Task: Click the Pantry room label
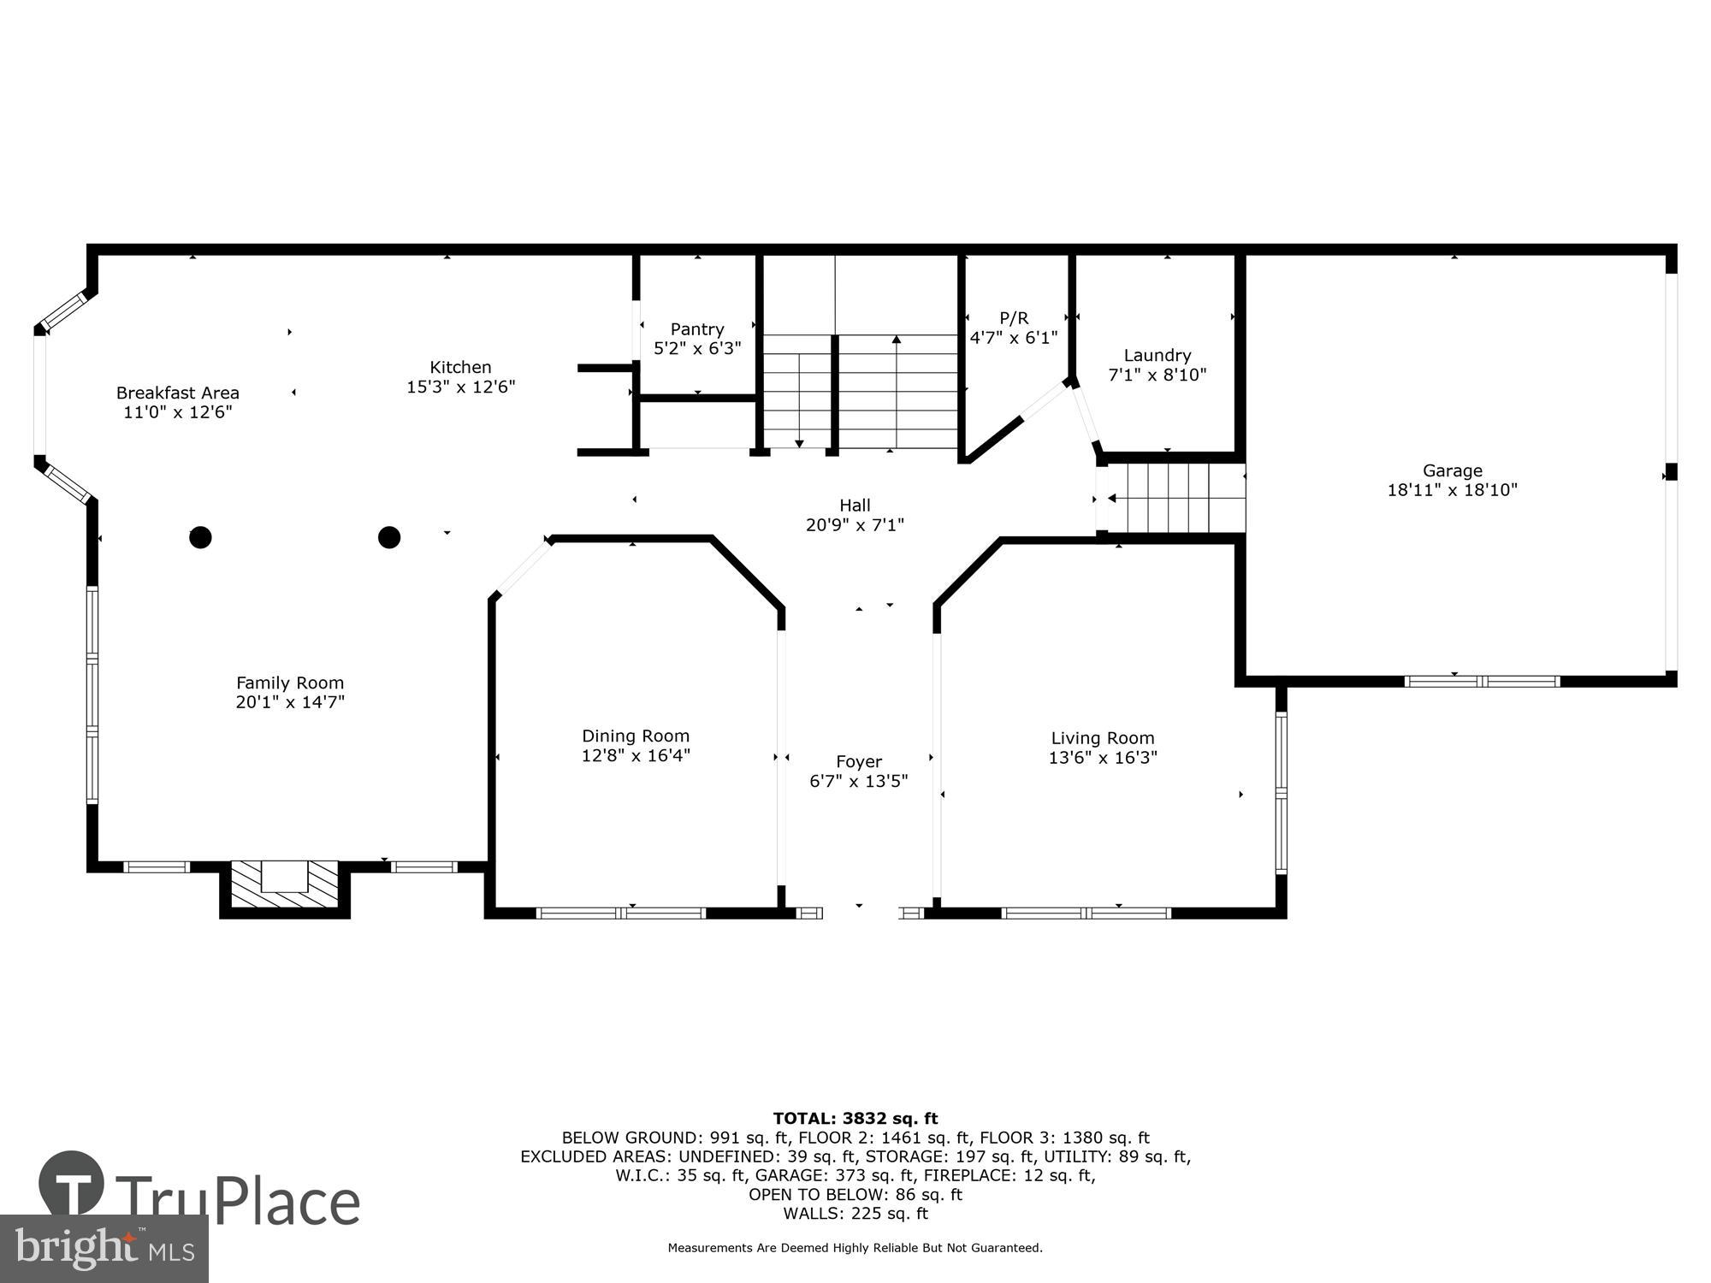(x=696, y=329)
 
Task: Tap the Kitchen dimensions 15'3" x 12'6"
(x=460, y=387)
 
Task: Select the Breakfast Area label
(x=178, y=393)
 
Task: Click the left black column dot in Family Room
(x=200, y=537)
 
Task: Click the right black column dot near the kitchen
(x=389, y=537)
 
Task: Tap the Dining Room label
(x=635, y=736)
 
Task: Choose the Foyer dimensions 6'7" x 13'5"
(x=858, y=781)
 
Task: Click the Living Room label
(x=1102, y=738)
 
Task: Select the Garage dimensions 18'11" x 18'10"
(x=1452, y=490)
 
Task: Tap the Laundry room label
(x=1157, y=355)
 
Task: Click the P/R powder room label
(x=1013, y=318)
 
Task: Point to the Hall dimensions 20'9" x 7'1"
(x=854, y=525)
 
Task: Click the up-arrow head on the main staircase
(x=896, y=340)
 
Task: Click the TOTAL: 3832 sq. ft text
(x=855, y=1118)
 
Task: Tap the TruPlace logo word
(x=238, y=1201)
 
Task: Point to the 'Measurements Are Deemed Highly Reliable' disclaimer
(x=855, y=1248)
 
